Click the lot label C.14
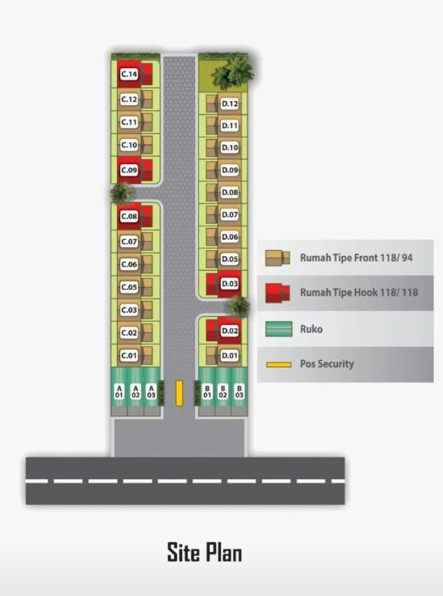[129, 74]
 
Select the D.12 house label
[230, 104]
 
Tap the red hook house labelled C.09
[135, 170]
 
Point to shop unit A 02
[135, 392]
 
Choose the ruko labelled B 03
[239, 392]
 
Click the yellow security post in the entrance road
[179, 393]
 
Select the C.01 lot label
[129, 356]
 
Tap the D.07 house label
[230, 215]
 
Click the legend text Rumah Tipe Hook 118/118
[359, 292]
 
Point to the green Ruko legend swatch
[279, 329]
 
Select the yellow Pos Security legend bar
[279, 364]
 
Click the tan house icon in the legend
[277, 258]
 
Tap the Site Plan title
[204, 552]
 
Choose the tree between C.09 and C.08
[122, 192]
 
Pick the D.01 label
[230, 356]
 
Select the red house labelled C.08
[135, 216]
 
